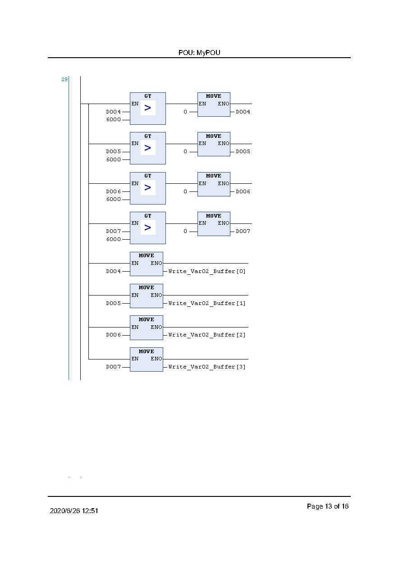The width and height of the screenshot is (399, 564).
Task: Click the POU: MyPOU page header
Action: [x=199, y=53]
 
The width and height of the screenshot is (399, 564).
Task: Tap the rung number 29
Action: [x=64, y=79]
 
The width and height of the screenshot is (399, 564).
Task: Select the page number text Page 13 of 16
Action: [x=328, y=506]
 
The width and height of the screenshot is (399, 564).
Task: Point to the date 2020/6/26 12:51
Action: [x=74, y=511]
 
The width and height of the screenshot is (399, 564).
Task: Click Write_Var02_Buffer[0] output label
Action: [x=206, y=271]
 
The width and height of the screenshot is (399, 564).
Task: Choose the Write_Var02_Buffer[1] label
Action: [x=206, y=303]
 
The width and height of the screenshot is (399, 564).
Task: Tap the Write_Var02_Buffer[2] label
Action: [x=206, y=335]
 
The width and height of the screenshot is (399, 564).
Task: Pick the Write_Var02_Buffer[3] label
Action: [x=206, y=367]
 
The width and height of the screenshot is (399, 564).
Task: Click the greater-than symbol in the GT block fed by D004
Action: [x=148, y=108]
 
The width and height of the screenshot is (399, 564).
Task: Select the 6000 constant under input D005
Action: [x=114, y=159]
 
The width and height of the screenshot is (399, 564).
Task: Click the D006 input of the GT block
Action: [x=114, y=191]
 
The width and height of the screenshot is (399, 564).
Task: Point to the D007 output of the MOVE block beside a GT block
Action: [x=243, y=231]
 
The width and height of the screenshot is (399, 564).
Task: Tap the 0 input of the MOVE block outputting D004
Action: [x=185, y=112]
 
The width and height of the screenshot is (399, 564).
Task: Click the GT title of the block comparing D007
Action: [x=148, y=216]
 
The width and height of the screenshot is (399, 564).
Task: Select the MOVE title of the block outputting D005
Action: [x=214, y=136]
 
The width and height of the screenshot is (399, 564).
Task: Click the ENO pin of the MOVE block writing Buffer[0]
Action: [x=156, y=263]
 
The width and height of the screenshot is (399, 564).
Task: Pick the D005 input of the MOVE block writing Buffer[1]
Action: [x=114, y=303]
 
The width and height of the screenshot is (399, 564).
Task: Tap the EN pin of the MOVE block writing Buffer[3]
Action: [x=135, y=359]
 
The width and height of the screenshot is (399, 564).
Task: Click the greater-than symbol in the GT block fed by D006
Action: [x=148, y=187]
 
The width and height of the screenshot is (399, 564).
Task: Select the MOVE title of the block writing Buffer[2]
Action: [x=146, y=319]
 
